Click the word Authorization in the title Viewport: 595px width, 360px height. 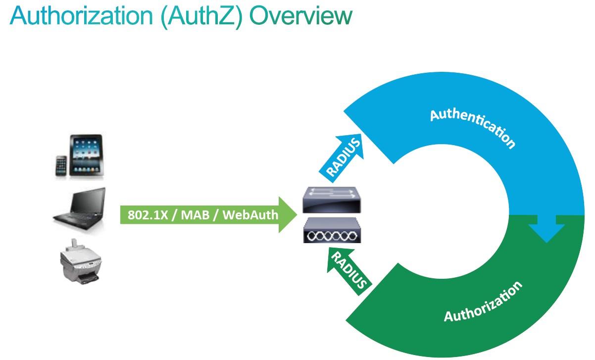[x=81, y=16]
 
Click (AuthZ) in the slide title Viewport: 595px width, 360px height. [x=201, y=16]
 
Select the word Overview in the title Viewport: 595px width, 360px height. [x=301, y=16]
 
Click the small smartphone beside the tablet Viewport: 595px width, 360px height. [x=61, y=166]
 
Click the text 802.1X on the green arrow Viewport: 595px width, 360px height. [x=148, y=215]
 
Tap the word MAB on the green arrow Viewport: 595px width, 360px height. [x=195, y=215]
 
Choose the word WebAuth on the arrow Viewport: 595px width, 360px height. [x=250, y=215]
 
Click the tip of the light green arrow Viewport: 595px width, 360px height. [x=297, y=215]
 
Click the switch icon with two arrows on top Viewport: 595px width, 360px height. [x=332, y=200]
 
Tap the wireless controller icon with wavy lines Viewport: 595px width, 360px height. [x=332, y=230]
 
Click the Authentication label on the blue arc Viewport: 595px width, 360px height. [x=473, y=128]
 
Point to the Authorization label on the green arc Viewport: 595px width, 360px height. [x=483, y=302]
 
